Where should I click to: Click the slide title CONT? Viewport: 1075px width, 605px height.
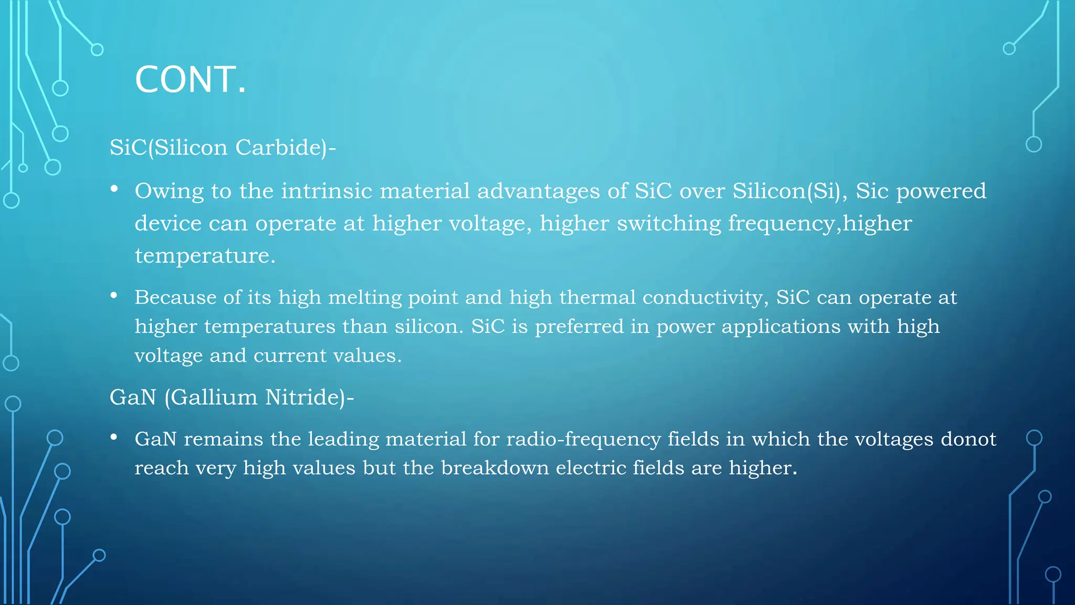tap(190, 80)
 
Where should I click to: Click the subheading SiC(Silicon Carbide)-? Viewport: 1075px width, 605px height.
tap(222, 148)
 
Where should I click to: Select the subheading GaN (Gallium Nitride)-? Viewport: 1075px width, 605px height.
tap(231, 397)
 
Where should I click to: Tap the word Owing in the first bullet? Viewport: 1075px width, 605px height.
tap(169, 191)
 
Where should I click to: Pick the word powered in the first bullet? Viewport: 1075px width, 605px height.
tap(941, 191)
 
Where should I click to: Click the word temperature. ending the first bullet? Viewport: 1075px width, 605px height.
tap(205, 256)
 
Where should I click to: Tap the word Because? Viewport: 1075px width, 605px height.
tap(175, 298)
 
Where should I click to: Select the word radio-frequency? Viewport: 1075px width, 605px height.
tap(583, 439)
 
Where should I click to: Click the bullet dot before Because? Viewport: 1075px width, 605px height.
tap(114, 296)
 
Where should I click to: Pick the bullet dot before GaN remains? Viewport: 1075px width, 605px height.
tap(114, 437)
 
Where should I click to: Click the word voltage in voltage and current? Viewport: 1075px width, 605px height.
tap(168, 356)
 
